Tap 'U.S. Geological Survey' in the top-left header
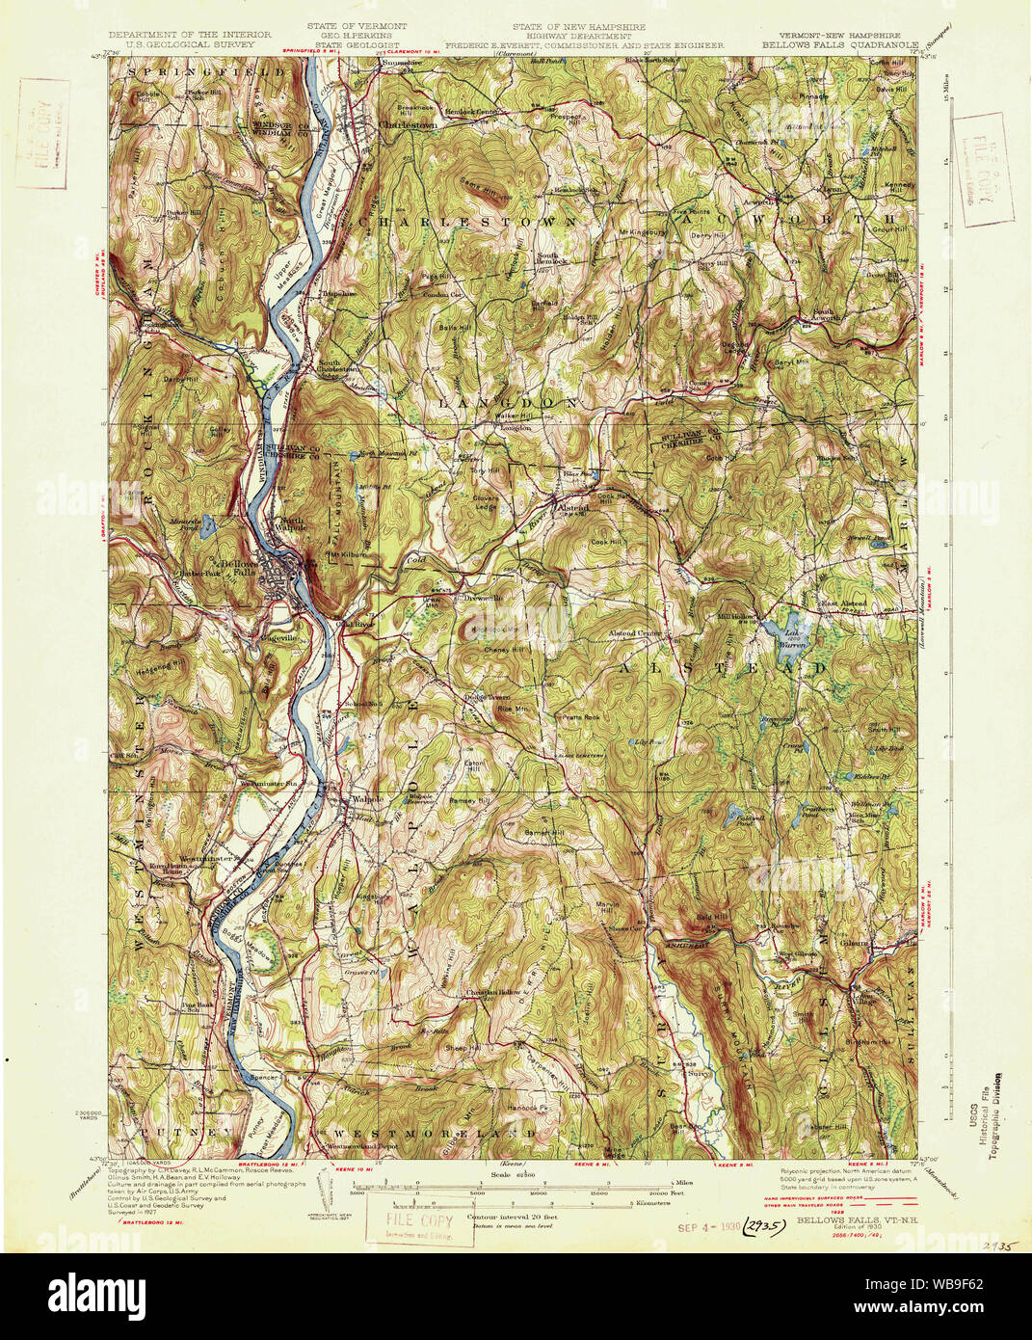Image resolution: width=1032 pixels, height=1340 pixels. click(x=182, y=44)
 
